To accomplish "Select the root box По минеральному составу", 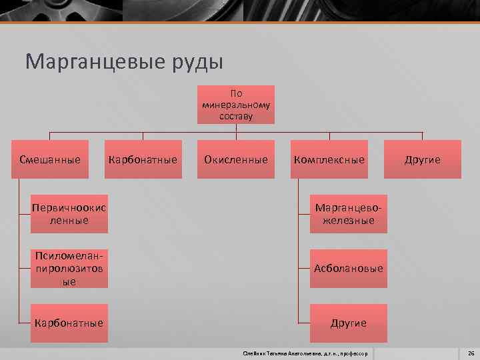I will point(235,105).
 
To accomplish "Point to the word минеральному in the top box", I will point(235,105).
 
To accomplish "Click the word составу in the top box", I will point(235,116).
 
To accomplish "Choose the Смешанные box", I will point(50,159).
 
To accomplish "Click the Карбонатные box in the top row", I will point(143,159).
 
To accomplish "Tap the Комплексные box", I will point(329,159).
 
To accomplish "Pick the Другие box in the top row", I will point(422,159).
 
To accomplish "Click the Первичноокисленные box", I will point(69,214).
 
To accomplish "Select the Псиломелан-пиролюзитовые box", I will point(69,269).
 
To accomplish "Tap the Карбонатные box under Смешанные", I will point(69,323).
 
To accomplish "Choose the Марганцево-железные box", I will point(349,214).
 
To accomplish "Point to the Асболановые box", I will point(349,269).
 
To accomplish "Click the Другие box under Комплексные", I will point(349,323).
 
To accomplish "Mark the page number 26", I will point(471,352).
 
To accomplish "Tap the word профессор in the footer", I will point(356,352).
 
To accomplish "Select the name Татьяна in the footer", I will point(279,352).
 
